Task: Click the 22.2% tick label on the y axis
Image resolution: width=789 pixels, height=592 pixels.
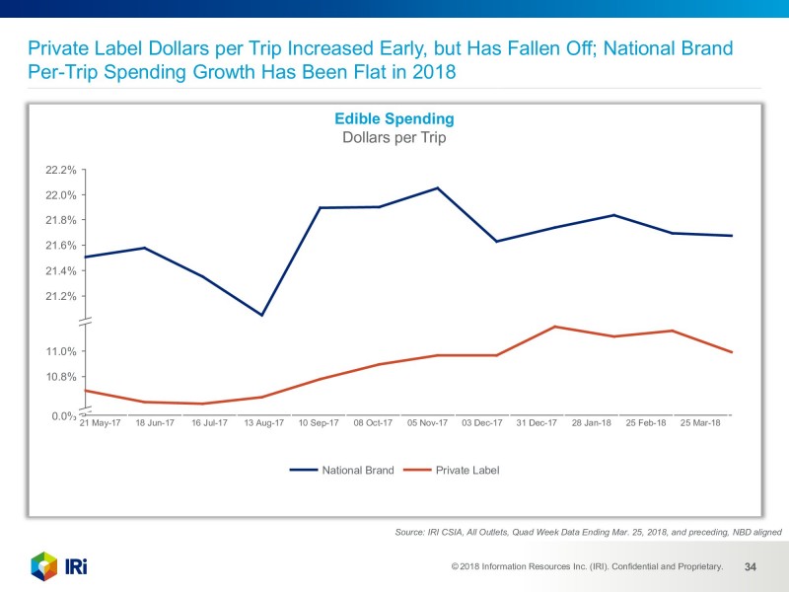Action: coord(61,170)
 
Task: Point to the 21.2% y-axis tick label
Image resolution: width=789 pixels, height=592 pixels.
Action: coord(61,296)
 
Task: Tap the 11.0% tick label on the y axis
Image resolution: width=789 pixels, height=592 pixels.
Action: coord(61,351)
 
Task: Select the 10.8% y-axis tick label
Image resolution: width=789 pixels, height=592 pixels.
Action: coord(61,377)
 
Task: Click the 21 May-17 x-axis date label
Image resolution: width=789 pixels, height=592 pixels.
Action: coord(100,423)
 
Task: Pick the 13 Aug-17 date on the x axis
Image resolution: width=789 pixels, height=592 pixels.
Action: coord(263,423)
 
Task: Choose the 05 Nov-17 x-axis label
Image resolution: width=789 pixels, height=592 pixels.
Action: coord(427,423)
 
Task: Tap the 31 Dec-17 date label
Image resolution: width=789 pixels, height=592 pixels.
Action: coord(537,423)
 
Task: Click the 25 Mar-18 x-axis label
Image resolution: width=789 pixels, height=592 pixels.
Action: coord(700,423)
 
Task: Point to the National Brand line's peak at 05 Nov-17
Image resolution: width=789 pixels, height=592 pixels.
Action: coord(438,188)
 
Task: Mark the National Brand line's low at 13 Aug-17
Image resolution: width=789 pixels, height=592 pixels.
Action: coord(261,315)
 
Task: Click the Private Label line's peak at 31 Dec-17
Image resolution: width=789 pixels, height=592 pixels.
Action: coord(555,327)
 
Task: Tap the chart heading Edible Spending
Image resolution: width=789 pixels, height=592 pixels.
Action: coord(394,118)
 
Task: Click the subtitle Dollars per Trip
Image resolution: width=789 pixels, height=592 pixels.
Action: coord(394,138)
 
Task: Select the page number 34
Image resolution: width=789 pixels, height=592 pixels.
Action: coord(750,566)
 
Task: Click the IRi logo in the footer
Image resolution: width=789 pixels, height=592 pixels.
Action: coord(59,566)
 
